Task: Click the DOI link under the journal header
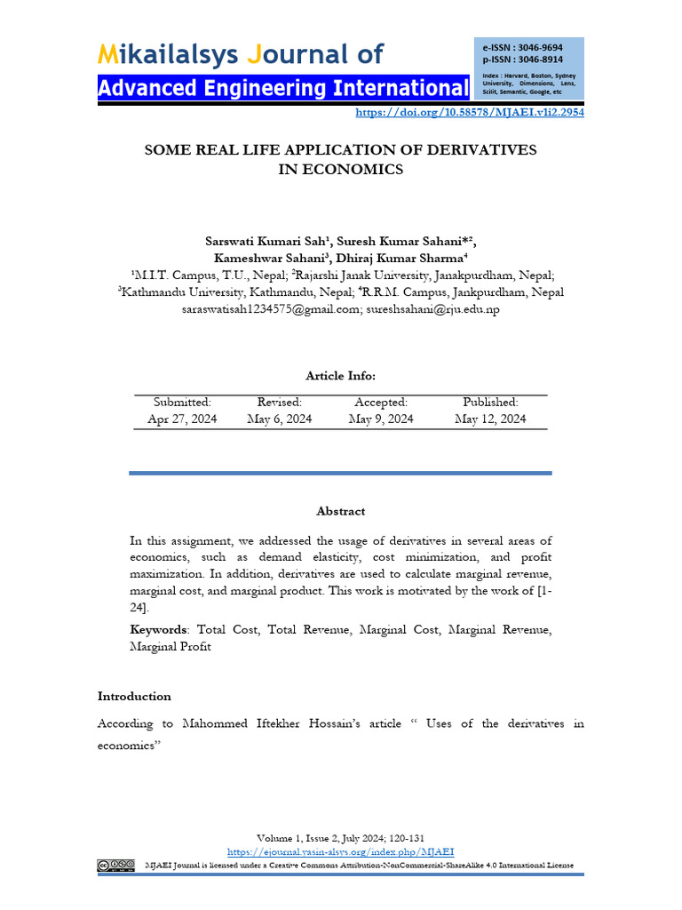coord(469,113)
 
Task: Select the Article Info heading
coord(340,376)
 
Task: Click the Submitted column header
coord(182,403)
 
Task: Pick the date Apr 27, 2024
coord(182,419)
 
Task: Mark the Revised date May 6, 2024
coord(280,419)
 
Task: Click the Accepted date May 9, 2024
coord(381,419)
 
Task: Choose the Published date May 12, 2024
coord(490,419)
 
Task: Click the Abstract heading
coord(340,511)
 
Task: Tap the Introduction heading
coord(134,697)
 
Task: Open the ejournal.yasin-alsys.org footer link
coord(341,850)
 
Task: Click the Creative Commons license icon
coord(116,866)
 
